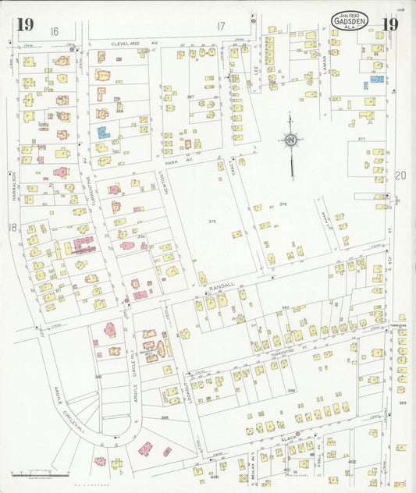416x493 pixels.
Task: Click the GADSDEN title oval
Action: [350, 21]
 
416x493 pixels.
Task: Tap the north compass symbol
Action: [290, 141]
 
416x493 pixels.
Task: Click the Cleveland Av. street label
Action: [134, 44]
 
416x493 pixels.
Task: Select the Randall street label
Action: [223, 287]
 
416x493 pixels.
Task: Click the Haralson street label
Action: [14, 186]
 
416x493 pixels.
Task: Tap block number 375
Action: [212, 222]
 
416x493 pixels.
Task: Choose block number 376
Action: [283, 204]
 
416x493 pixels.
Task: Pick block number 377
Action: [361, 138]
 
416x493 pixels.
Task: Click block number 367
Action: [190, 97]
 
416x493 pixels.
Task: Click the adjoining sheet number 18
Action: [12, 227]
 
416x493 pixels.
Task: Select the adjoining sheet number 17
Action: [221, 27]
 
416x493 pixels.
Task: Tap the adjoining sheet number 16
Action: [55, 30]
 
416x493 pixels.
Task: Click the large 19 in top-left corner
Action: [24, 24]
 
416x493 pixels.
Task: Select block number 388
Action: [291, 391]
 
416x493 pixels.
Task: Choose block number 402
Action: [352, 462]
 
